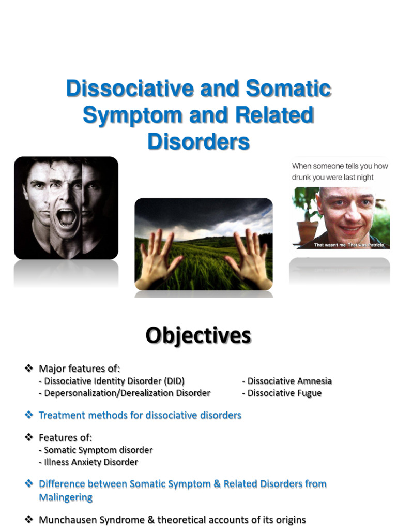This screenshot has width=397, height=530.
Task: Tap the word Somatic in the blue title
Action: pyautogui.click(x=288, y=89)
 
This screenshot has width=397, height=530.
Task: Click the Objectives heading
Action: pyautogui.click(x=198, y=335)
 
